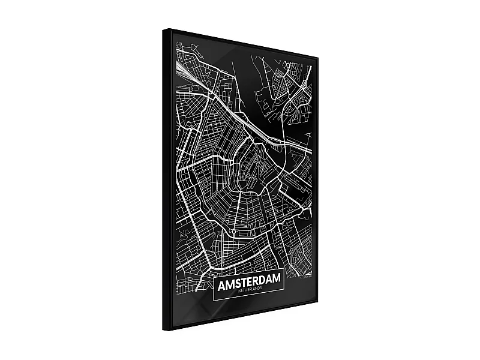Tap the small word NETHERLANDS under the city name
[247, 291]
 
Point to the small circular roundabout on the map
[233, 230]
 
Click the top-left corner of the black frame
[164, 28]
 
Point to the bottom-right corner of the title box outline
[281, 296]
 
